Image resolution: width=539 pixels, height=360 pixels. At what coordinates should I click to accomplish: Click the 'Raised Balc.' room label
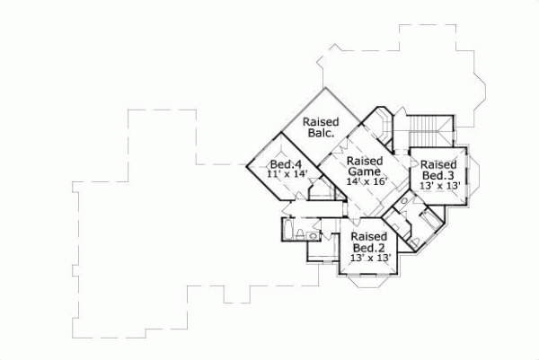(319, 127)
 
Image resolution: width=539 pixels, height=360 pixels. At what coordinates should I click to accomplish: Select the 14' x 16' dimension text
(366, 181)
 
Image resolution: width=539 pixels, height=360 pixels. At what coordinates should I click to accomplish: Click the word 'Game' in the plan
(366, 171)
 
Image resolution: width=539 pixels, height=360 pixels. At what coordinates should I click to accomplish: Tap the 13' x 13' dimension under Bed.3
(440, 186)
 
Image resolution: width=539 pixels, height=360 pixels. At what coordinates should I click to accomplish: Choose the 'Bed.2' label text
(368, 248)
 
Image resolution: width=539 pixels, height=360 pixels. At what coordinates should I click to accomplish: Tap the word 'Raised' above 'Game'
(366, 160)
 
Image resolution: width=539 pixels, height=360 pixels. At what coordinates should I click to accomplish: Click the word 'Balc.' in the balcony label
(319, 133)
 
